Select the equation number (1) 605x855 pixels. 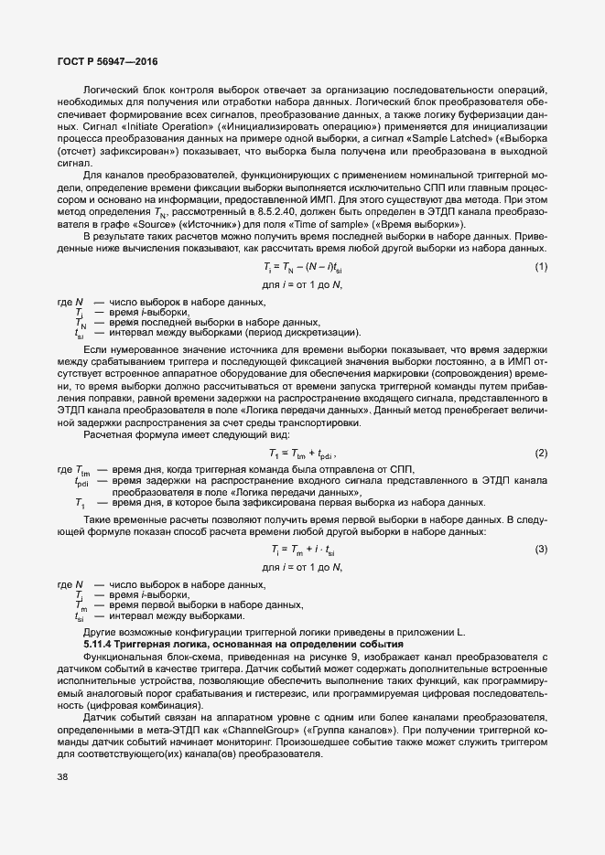coord(540,267)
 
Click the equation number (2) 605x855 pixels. coord(540,454)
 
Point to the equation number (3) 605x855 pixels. coord(540,549)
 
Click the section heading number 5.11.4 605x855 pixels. coord(102,645)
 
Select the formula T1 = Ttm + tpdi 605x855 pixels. coord(303,454)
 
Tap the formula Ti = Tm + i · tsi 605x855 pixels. coord(303,549)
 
